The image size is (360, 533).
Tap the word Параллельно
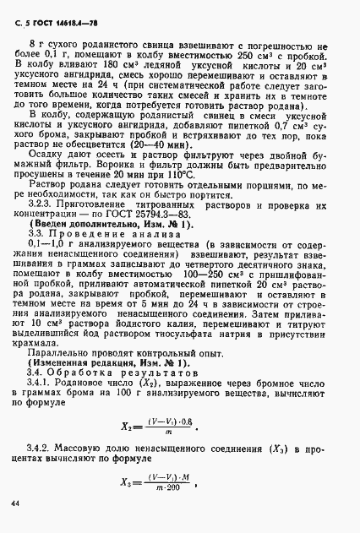61,350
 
